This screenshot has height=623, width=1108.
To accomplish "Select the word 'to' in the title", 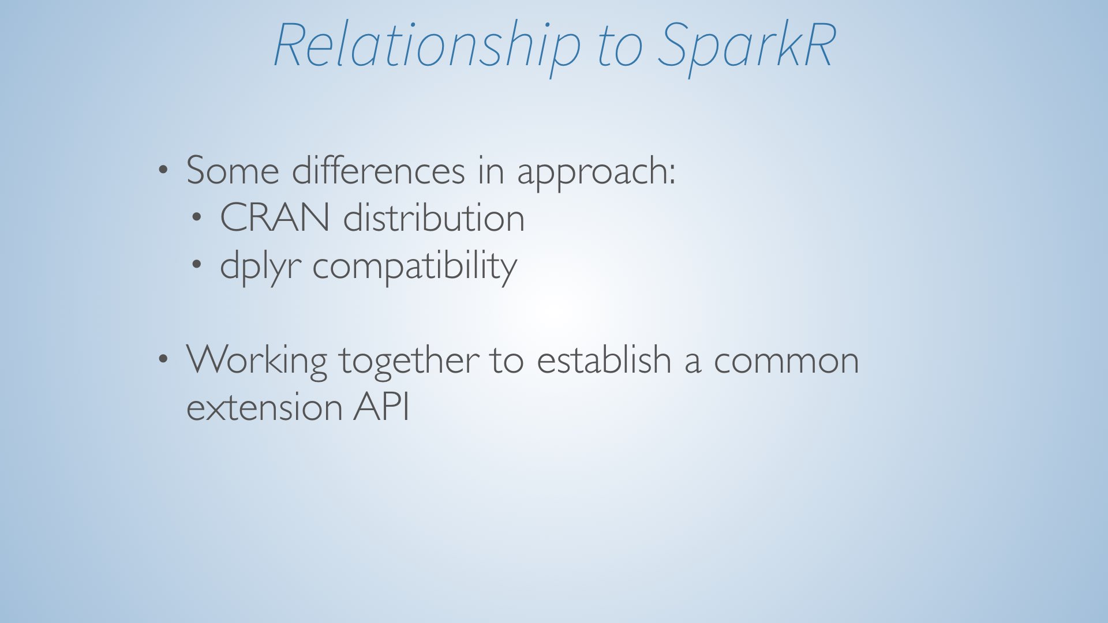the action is pos(620,47).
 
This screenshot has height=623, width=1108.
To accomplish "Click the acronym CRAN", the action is pos(275,217).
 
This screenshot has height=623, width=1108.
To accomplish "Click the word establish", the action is pos(604,359).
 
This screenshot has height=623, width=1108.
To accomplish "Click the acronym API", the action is pos(381,407).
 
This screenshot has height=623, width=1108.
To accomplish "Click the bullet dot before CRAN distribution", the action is pos(197,217).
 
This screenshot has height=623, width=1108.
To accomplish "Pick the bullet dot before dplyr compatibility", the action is pos(197,265).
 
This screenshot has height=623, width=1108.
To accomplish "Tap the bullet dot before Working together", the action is pos(164,359).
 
